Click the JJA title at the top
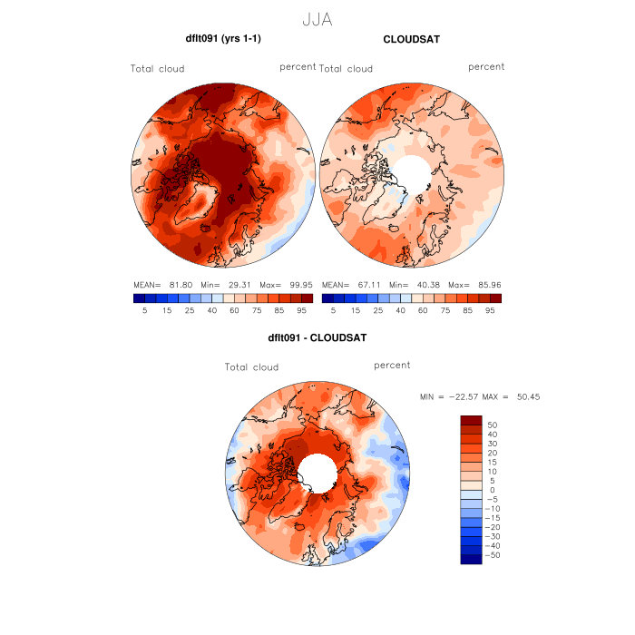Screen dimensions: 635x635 pos(317,19)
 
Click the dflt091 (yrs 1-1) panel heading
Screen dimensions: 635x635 pos(223,39)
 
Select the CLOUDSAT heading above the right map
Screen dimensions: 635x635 pos(412,39)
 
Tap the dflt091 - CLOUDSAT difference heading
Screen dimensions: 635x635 pos(317,338)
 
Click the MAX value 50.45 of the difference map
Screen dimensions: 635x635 pos(529,396)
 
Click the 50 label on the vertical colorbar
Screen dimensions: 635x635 pos(493,425)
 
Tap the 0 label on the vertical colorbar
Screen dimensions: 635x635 pos(491,489)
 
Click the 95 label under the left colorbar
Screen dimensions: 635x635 pos(301,310)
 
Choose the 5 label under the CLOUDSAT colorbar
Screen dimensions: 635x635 pos(333,310)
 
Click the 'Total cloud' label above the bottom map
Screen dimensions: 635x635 pos(251,367)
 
